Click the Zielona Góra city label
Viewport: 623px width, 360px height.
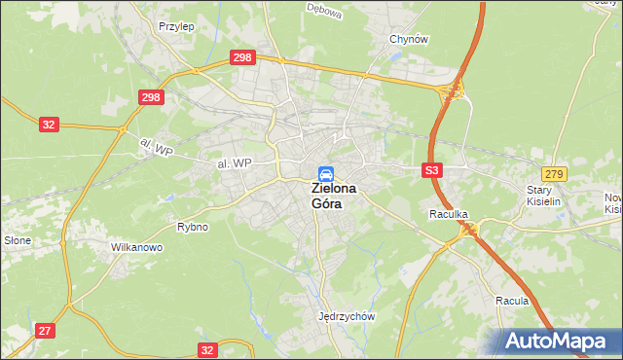(x=333, y=196)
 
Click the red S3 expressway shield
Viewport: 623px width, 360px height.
(x=433, y=170)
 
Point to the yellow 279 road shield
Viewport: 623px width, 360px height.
(x=554, y=173)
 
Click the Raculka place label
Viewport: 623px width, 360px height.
(x=449, y=212)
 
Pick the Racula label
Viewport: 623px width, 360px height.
(x=511, y=301)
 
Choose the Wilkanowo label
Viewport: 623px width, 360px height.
(x=136, y=247)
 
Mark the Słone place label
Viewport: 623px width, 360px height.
(x=18, y=239)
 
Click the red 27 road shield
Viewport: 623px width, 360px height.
(x=45, y=331)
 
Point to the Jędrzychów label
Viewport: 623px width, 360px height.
(x=347, y=316)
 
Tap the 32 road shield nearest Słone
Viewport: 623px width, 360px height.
(x=50, y=125)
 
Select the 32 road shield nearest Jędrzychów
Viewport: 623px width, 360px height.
(x=206, y=348)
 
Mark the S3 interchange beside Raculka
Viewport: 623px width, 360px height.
(x=471, y=230)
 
